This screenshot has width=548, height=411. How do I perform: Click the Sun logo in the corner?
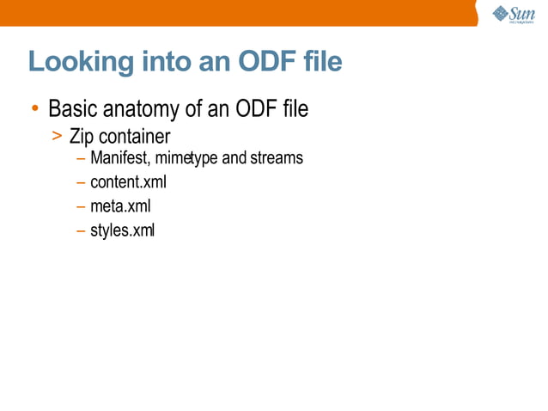point(514,14)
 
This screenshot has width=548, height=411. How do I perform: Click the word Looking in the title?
point(76,63)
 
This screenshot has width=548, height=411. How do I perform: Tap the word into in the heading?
point(159,62)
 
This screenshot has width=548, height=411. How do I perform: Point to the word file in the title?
point(320,62)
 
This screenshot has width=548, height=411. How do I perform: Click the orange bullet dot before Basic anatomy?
point(33,110)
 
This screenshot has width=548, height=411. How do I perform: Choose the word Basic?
point(75,110)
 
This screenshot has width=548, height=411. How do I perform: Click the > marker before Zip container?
point(56,136)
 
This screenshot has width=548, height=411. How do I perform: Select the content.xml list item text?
point(127,182)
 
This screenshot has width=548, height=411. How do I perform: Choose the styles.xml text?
point(122,230)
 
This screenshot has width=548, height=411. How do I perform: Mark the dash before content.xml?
point(80,182)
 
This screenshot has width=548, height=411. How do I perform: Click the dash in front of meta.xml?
point(80,206)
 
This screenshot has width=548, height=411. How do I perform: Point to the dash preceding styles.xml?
point(80,230)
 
